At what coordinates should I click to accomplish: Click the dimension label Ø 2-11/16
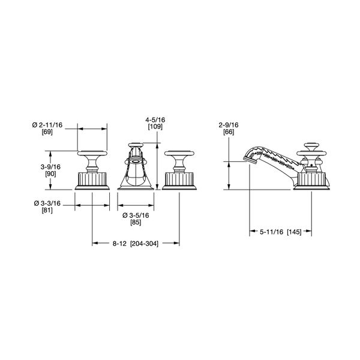tap(47, 125)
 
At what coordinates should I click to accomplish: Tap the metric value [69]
tap(47, 132)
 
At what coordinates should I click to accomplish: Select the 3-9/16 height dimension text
tap(50, 167)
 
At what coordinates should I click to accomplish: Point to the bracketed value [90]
tap(50, 174)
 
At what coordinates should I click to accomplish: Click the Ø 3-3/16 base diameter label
tap(47, 203)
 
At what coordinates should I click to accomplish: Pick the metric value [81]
tap(47, 211)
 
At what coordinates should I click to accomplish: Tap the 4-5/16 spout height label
tap(155, 120)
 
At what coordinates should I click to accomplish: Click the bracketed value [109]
tap(155, 127)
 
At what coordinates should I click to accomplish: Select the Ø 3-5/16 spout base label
tap(136, 215)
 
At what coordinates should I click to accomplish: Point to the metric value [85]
tap(136, 223)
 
